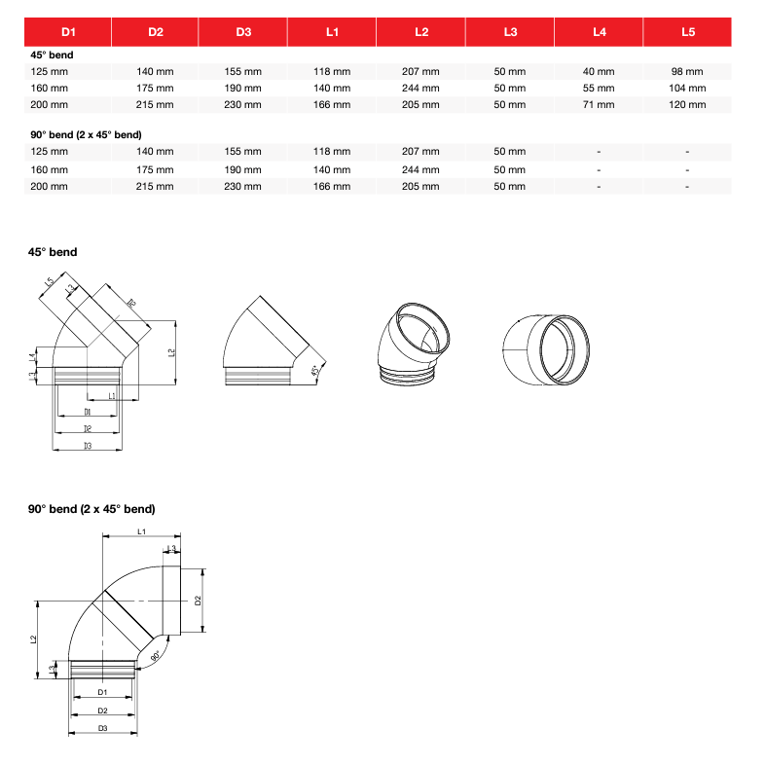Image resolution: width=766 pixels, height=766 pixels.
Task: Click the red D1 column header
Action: [68, 32]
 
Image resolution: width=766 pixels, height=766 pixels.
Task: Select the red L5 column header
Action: [688, 32]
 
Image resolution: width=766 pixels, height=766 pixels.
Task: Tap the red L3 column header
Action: [510, 32]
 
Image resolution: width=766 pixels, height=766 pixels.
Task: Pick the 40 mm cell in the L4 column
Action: [599, 71]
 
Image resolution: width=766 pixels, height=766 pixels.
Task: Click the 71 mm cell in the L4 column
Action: [599, 104]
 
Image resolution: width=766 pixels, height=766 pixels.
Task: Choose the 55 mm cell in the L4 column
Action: [599, 88]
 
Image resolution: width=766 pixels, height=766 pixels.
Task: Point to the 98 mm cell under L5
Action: [687, 71]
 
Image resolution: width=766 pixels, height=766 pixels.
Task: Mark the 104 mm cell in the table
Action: [687, 88]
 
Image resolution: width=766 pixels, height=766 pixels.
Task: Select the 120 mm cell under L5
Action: [687, 104]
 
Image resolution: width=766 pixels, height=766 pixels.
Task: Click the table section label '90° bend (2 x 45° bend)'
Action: [87, 134]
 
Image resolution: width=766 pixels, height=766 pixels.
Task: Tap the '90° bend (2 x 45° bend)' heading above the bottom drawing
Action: [91, 509]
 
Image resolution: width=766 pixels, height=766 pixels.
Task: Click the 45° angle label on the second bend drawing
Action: [313, 371]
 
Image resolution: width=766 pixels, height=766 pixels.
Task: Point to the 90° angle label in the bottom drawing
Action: [156, 658]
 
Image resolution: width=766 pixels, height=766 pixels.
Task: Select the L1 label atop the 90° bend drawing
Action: [142, 531]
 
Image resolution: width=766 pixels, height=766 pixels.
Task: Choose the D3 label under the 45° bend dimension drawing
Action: [87, 445]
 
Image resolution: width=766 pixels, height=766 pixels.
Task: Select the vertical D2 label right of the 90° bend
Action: [197, 600]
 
